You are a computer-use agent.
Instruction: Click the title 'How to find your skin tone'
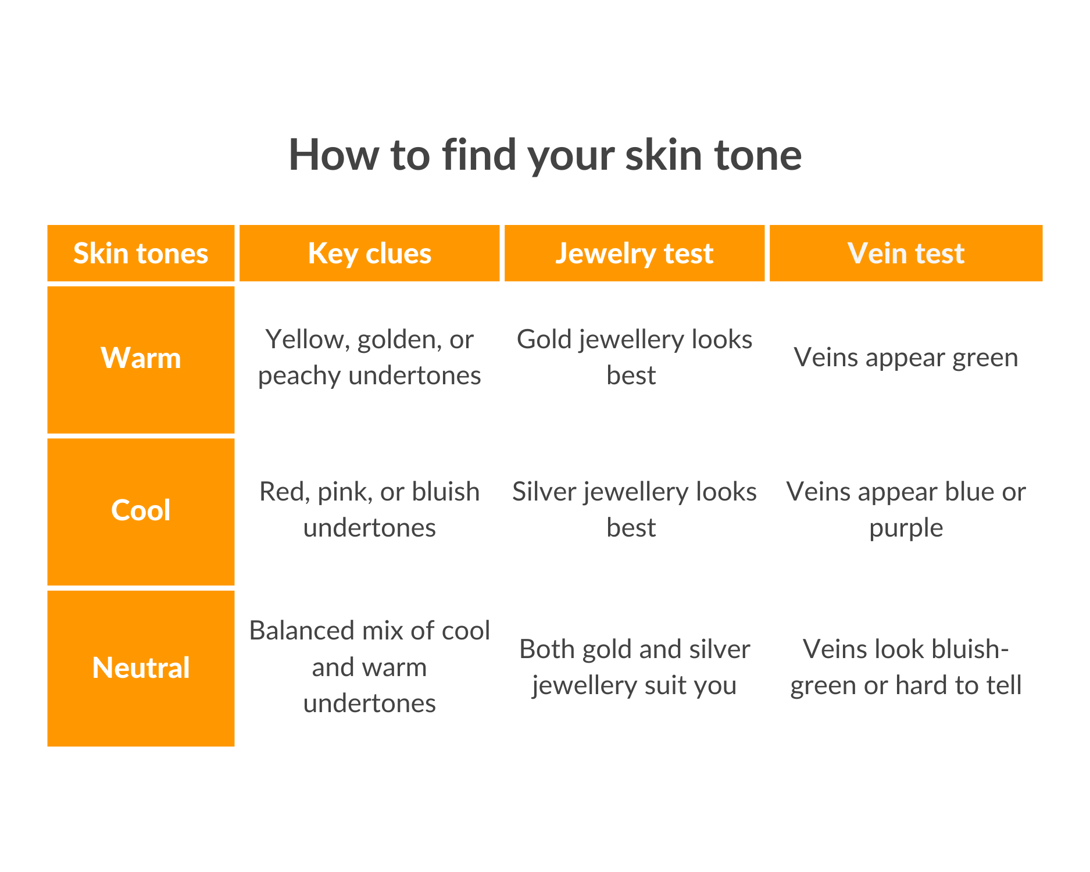(545, 155)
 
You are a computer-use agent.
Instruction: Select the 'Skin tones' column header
(141, 253)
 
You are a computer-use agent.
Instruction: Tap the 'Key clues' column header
(369, 253)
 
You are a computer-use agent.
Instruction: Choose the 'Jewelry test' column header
(634, 253)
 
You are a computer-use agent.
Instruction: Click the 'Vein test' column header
(906, 253)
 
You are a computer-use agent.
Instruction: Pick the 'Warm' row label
(141, 358)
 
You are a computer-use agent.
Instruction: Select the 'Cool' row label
(141, 510)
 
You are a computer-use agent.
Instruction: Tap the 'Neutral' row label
(141, 667)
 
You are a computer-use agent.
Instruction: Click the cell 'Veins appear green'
(906, 357)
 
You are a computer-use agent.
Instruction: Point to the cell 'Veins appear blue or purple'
(906, 509)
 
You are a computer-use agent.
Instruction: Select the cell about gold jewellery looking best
(634, 357)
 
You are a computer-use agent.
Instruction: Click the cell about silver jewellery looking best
(634, 509)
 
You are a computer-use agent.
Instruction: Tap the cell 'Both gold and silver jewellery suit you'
(634, 667)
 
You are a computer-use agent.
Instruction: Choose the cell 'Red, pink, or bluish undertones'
(369, 509)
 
